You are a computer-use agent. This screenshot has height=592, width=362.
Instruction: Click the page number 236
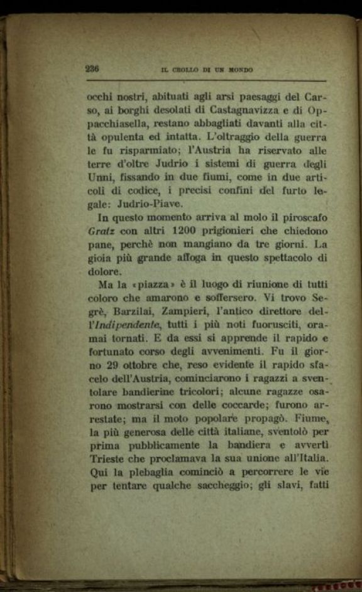(92, 70)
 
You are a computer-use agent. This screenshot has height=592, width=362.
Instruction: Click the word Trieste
(107, 456)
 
